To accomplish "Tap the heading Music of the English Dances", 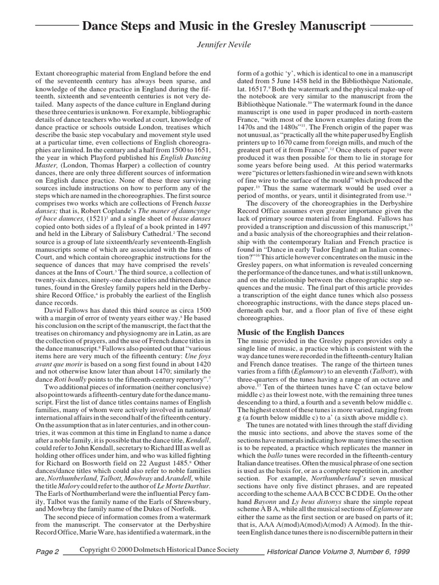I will point(290,332).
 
